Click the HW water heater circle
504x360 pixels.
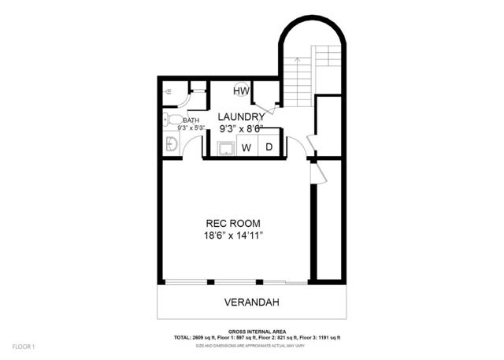click(x=241, y=91)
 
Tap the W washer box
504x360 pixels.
click(x=246, y=147)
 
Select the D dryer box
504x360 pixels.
click(x=269, y=147)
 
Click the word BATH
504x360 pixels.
click(x=191, y=121)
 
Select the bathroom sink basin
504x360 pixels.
click(x=170, y=143)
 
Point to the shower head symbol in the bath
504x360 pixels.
click(x=168, y=92)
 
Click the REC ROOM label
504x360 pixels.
click(x=233, y=223)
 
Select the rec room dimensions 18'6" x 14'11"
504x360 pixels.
click(x=233, y=236)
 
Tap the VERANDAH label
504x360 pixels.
click(x=251, y=302)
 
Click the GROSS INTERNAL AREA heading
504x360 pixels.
click(x=257, y=332)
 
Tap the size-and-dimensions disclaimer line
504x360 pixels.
click(x=257, y=344)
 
